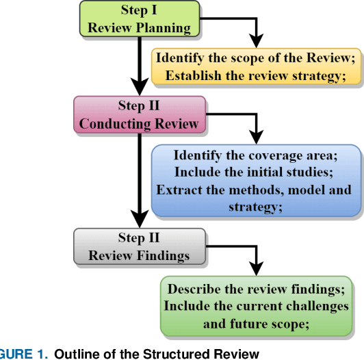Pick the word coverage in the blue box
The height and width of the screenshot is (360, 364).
[x=274, y=155]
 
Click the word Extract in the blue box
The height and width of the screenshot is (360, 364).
[x=179, y=190]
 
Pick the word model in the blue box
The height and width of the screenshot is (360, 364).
[x=299, y=190]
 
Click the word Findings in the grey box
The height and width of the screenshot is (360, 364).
[x=164, y=255]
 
